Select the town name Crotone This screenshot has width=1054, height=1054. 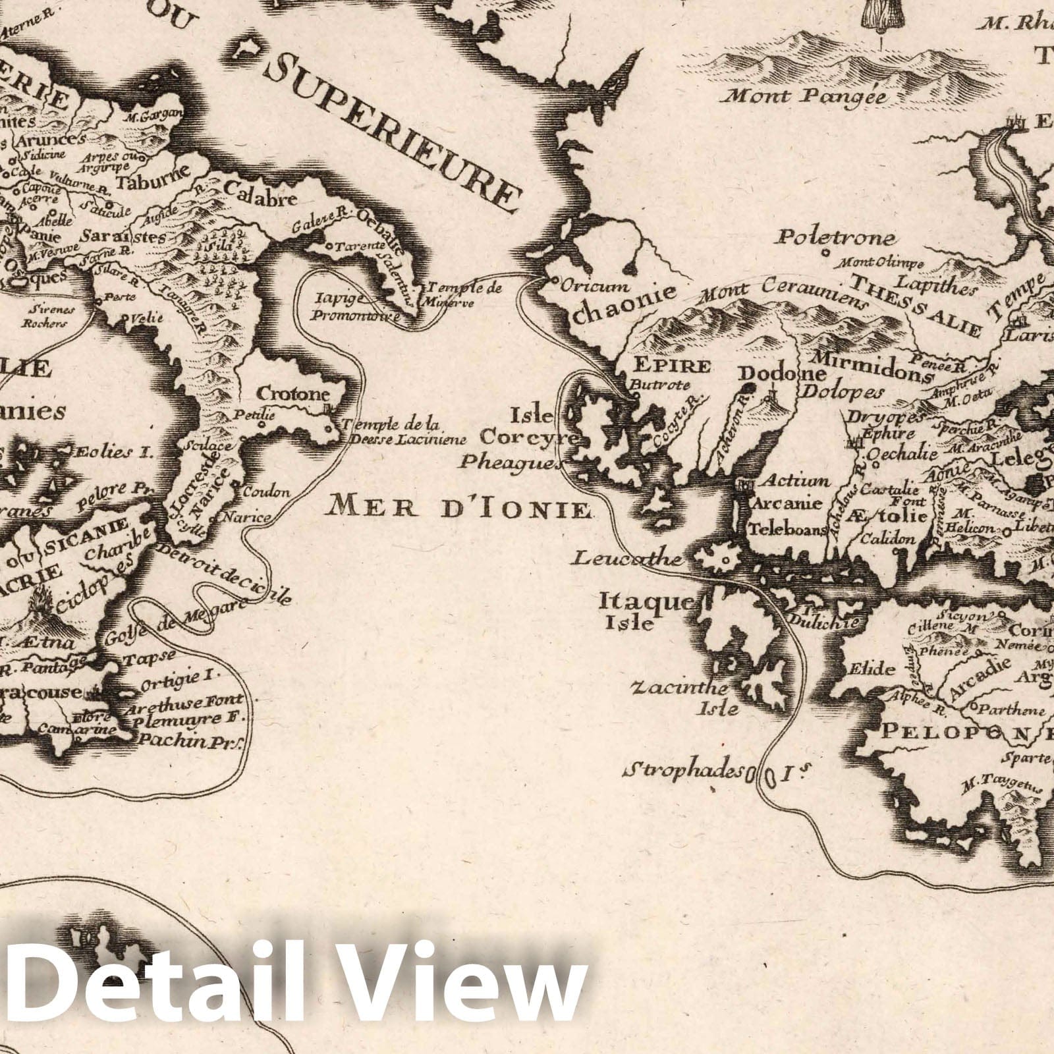pos(292,395)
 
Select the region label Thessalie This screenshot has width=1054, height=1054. pos(916,302)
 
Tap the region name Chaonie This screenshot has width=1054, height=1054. pos(624,310)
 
